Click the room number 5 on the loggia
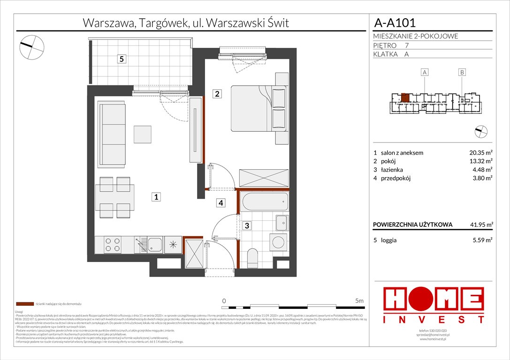click(x=122, y=59)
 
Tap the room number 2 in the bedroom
click(x=217, y=94)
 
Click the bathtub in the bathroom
click(x=264, y=201)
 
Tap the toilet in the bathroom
click(x=252, y=257)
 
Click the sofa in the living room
click(x=112, y=135)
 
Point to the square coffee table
click(x=142, y=135)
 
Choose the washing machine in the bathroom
click(x=279, y=242)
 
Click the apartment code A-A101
click(x=394, y=22)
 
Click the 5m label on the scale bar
click(x=360, y=300)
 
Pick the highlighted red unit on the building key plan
click(x=405, y=98)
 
